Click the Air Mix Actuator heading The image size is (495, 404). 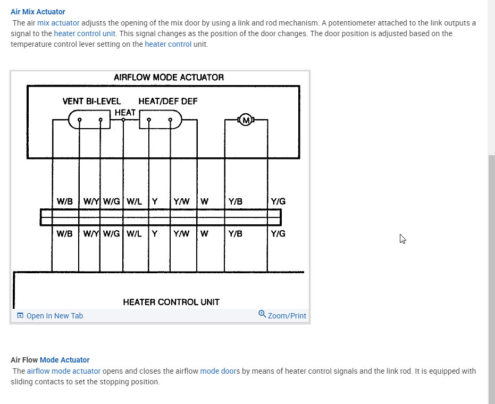pyautogui.click(x=38, y=11)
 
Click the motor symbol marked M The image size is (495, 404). pyautogui.click(x=246, y=120)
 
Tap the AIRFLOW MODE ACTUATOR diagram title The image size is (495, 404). pyautogui.click(x=169, y=78)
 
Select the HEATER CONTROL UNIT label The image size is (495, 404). pyautogui.click(x=171, y=302)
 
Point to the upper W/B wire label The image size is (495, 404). pyautogui.click(x=64, y=201)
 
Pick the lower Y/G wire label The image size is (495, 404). pyautogui.click(x=278, y=233)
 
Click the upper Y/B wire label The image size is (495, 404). pyautogui.click(x=235, y=201)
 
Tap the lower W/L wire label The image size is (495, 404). pyautogui.click(x=134, y=233)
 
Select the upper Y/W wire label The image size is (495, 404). pyautogui.click(x=181, y=201)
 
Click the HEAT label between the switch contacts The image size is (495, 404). pyautogui.click(x=125, y=113)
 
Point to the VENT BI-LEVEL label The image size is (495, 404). pyautogui.click(x=91, y=101)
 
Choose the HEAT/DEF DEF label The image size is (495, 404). pyautogui.click(x=168, y=101)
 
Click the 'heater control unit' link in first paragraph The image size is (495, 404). pyautogui.click(x=85, y=33)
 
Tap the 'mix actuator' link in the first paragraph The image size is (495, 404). pyautogui.click(x=58, y=23)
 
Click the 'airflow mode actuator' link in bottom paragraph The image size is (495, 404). pyautogui.click(x=64, y=371)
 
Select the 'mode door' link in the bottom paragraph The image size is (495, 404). pyautogui.click(x=218, y=371)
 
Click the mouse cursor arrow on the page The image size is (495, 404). pyautogui.click(x=402, y=239)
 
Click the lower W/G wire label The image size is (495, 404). pyautogui.click(x=112, y=233)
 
